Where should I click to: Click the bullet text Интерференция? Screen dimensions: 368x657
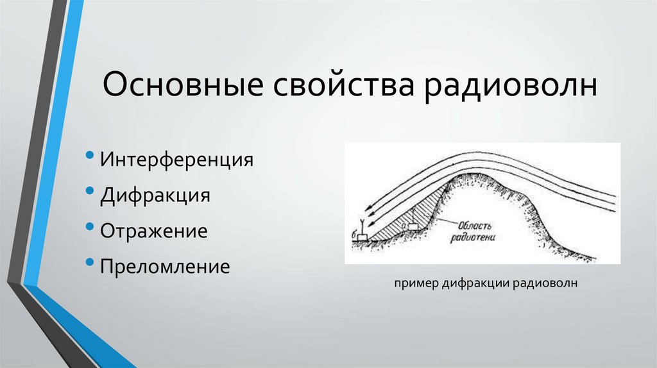(x=176, y=159)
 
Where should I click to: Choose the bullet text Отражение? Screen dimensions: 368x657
(x=153, y=231)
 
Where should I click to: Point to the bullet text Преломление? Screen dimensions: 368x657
(x=164, y=266)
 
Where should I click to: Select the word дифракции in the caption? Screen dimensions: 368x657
(x=475, y=283)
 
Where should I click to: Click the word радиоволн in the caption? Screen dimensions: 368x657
(x=545, y=283)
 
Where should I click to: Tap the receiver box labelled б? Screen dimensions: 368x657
(x=363, y=237)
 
